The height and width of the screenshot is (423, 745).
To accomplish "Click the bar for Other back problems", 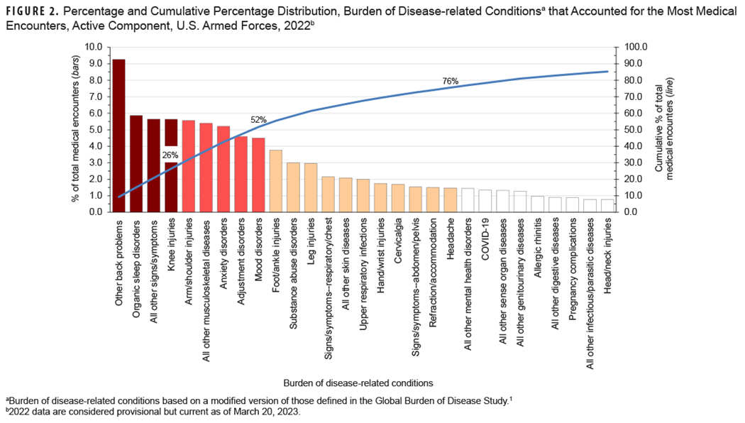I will click(x=118, y=136).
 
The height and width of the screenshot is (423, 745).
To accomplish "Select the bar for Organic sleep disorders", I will click(x=136, y=164).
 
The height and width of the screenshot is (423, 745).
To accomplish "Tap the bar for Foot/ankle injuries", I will click(x=275, y=181).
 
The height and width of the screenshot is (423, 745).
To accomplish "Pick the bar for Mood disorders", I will click(x=258, y=175).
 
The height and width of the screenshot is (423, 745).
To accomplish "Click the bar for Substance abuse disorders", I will click(x=293, y=187).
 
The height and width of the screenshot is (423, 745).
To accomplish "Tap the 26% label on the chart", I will click(x=170, y=154).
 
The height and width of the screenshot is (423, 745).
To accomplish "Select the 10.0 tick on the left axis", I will click(x=93, y=47).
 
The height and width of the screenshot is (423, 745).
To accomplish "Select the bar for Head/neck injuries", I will click(x=607, y=205).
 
